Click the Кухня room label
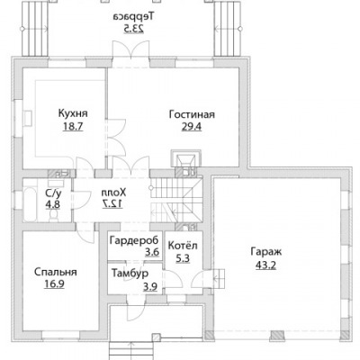(73, 114)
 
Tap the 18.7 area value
(73, 127)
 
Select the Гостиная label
(192, 114)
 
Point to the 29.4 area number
(192, 127)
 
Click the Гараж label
(266, 252)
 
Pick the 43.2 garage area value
(265, 265)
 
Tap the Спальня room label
(56, 272)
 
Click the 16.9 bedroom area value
(54, 283)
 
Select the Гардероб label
(134, 240)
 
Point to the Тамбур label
(130, 274)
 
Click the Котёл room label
(183, 246)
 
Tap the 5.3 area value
(183, 258)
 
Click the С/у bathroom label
(53, 193)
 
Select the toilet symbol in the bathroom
(54, 215)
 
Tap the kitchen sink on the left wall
(28, 118)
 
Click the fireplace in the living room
(186, 158)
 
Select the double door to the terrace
(130, 49)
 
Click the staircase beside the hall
(176, 201)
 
